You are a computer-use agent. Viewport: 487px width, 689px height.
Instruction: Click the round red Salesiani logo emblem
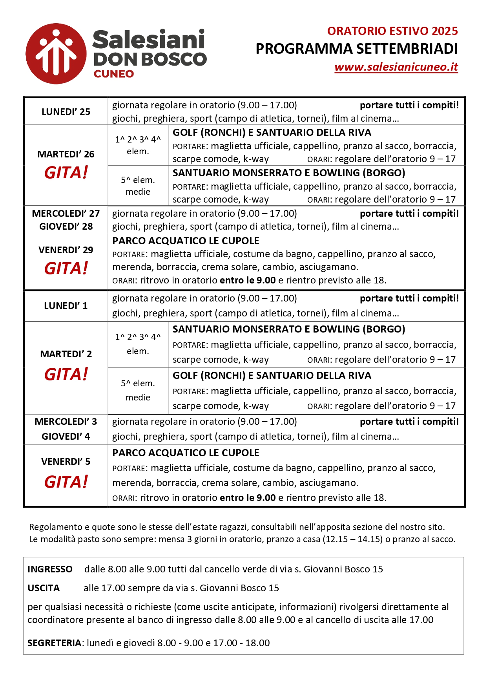pyautogui.click(x=56, y=54)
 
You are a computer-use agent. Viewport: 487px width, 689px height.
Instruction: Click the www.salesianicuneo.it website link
pyautogui.click(x=396, y=67)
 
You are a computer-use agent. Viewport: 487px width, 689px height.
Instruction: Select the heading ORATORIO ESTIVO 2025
pyautogui.click(x=392, y=31)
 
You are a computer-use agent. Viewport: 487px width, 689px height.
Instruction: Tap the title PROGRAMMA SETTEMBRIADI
pyautogui.click(x=356, y=49)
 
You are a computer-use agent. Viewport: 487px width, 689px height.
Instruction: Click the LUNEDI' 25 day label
pyautogui.click(x=66, y=112)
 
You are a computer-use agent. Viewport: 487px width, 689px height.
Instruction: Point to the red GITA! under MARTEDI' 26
pyautogui.click(x=66, y=173)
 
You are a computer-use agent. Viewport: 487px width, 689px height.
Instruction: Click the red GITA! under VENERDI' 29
pyautogui.click(x=66, y=269)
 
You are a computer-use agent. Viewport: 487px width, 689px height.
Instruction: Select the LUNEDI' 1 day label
pyautogui.click(x=66, y=306)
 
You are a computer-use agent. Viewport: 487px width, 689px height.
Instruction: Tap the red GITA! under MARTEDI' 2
pyautogui.click(x=66, y=375)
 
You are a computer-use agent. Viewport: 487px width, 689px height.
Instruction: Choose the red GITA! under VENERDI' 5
pyautogui.click(x=66, y=482)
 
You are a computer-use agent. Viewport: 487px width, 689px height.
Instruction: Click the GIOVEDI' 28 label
pyautogui.click(x=66, y=227)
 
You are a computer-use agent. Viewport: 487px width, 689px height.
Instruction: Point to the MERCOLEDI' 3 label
pyautogui.click(x=66, y=422)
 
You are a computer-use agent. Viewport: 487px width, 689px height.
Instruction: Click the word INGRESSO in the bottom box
pyautogui.click(x=50, y=569)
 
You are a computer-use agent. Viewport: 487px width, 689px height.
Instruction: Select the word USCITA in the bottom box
pyautogui.click(x=44, y=588)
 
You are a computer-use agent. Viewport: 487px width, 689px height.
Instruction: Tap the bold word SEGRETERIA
pyautogui.click(x=54, y=643)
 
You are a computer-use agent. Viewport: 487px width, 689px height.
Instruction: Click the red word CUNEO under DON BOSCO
pyautogui.click(x=114, y=74)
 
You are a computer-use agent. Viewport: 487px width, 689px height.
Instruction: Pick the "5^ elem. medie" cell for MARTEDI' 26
pyautogui.click(x=138, y=186)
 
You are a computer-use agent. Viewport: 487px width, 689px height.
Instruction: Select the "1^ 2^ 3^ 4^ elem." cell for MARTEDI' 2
pyautogui.click(x=138, y=344)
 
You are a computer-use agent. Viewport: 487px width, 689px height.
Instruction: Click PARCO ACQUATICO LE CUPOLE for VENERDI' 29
pyautogui.click(x=186, y=241)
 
